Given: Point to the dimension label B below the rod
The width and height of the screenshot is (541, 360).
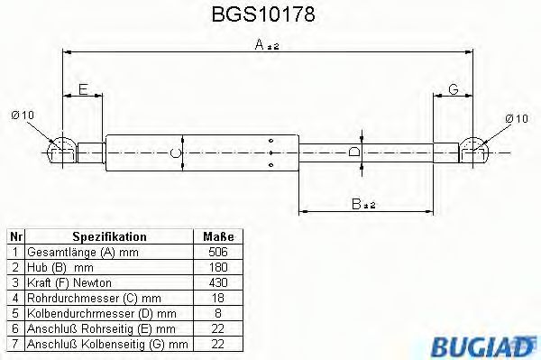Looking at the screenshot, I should click(x=362, y=205).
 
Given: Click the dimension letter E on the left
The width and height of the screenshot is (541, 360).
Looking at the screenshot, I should click(x=82, y=88).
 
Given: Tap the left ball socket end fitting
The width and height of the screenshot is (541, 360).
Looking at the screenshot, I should click(x=61, y=149).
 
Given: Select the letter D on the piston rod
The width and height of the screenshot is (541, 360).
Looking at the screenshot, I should click(x=355, y=152).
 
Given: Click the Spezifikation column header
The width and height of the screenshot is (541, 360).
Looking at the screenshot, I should click(x=109, y=236).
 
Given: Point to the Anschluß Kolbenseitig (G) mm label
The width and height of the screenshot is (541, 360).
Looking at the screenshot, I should click(x=107, y=344).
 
